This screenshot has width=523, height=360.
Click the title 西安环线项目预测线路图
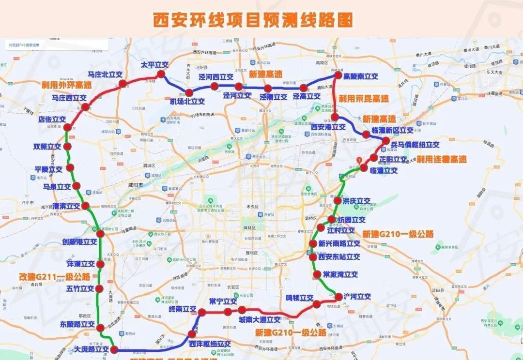(x=253, y=20)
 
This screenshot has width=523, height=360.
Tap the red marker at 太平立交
(x=160, y=74)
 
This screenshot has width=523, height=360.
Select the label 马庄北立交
(x=105, y=75)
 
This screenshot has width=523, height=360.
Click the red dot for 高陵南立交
(x=338, y=76)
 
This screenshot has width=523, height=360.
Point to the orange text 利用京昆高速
(x=364, y=98)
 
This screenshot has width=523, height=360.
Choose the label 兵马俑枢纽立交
(x=415, y=145)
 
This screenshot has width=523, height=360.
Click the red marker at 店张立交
(x=67, y=128)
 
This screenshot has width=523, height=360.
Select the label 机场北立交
(x=187, y=102)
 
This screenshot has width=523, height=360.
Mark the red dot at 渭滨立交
(x=85, y=206)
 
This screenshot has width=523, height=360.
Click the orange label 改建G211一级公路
(x=55, y=277)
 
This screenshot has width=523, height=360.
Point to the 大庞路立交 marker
(x=114, y=349)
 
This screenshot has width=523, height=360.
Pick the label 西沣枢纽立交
(x=210, y=344)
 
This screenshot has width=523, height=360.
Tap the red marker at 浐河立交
(x=338, y=297)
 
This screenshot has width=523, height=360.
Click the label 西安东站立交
(x=339, y=257)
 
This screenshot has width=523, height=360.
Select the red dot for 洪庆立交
(x=338, y=200)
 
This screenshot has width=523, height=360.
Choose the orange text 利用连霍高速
(x=441, y=159)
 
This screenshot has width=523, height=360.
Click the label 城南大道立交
(x=259, y=319)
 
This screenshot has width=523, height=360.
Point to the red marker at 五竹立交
(x=100, y=289)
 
